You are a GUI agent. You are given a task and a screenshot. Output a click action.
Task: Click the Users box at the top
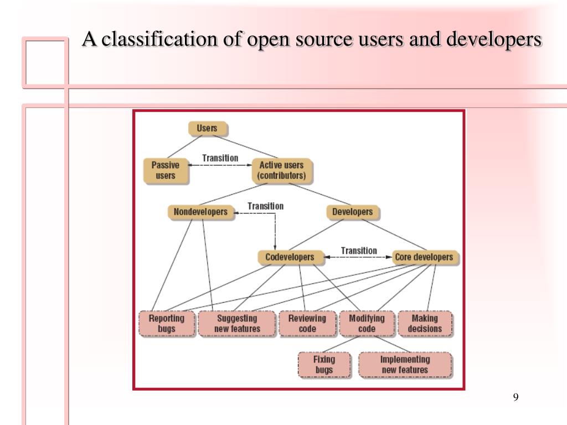[207, 128]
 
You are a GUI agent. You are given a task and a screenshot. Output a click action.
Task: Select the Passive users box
[166, 170]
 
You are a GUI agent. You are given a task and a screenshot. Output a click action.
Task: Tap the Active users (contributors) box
[281, 170]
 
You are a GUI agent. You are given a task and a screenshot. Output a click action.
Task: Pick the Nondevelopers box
[200, 212]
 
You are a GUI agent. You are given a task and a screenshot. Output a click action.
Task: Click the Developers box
[352, 212]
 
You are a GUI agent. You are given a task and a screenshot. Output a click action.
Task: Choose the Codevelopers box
[289, 257]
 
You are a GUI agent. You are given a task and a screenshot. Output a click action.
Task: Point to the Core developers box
[424, 257]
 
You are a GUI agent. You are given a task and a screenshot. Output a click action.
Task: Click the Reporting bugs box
[166, 324]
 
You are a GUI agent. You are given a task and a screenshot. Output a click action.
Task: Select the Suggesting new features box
[237, 324]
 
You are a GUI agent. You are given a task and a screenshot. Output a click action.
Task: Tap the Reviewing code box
[307, 324]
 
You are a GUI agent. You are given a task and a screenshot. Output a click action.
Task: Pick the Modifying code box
[367, 324]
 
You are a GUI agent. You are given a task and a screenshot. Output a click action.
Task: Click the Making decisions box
[425, 324]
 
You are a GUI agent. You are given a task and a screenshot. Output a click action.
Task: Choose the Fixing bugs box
[324, 365]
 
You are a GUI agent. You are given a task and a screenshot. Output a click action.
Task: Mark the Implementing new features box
[405, 365]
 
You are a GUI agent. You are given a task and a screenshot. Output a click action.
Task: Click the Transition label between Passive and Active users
[220, 158]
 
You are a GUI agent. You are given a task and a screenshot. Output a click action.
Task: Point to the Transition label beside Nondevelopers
[265, 206]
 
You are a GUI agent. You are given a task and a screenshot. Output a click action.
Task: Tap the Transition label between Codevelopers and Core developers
[359, 251]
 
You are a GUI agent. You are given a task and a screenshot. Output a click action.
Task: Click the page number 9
[516, 397]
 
